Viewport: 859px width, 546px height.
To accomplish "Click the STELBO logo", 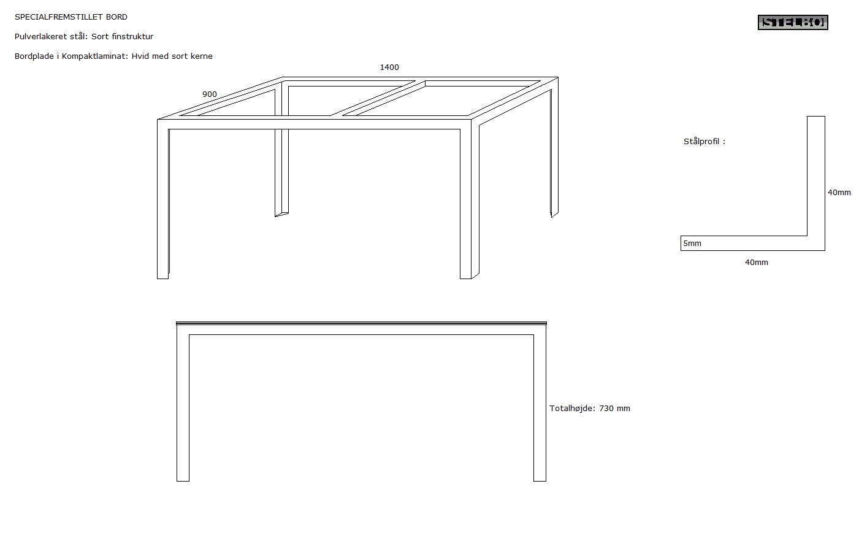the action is point(793,22).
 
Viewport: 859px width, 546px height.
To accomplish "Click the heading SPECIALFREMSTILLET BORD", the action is point(71,17).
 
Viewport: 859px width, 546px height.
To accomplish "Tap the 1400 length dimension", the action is point(389,67).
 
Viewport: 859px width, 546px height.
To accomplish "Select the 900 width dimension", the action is point(209,94).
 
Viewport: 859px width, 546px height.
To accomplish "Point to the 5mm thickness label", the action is point(692,244).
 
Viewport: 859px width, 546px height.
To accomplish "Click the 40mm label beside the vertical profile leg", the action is point(839,192).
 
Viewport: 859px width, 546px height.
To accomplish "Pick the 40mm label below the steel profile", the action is point(756,263).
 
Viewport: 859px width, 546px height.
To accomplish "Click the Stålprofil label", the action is point(704,141).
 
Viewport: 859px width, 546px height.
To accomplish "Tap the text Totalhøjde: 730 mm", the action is point(589,408).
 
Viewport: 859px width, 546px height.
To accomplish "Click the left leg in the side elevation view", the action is point(183,407).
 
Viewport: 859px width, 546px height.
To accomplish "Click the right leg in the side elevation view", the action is point(540,407).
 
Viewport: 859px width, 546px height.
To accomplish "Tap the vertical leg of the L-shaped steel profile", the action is point(816,183).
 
